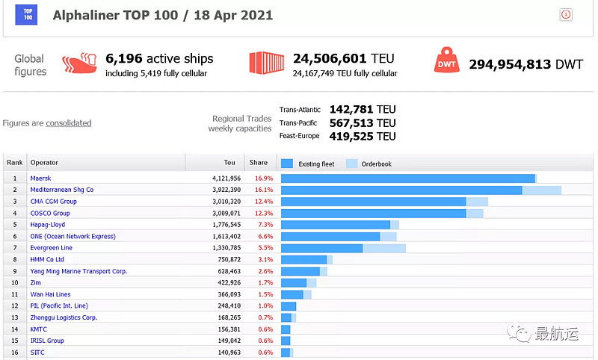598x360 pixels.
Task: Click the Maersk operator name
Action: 41,179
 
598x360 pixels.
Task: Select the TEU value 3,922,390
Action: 222,190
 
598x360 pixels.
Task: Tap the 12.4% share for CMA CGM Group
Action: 263,202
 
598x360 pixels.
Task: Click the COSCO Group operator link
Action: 50,213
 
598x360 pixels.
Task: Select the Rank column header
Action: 15,163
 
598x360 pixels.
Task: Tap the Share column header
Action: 258,163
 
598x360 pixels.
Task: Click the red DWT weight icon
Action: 447,63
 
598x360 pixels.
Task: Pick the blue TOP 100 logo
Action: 27,15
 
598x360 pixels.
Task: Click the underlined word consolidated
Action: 69,123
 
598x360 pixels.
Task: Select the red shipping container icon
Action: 266,63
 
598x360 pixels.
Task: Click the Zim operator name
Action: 36,283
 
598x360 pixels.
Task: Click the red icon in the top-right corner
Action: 566,14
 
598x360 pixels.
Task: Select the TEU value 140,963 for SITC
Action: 225,353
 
